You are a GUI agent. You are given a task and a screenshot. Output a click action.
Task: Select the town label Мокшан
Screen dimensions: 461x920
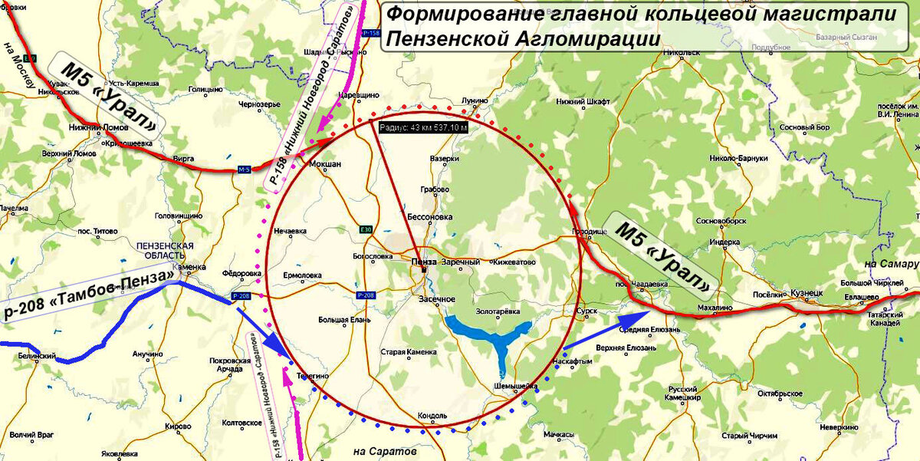pyautogui.click(x=324, y=164)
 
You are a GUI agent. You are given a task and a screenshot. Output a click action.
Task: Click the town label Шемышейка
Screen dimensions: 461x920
pyautogui.click(x=515, y=387)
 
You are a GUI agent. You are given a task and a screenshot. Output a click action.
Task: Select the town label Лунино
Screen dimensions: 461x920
pyautogui.click(x=475, y=100)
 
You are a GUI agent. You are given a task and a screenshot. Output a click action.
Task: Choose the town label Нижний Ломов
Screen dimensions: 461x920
pyautogui.click(x=93, y=127)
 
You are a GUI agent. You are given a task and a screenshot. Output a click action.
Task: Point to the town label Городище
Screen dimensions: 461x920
pyautogui.click(x=589, y=232)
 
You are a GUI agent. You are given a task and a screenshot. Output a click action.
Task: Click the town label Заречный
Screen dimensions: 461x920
pyautogui.click(x=460, y=262)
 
